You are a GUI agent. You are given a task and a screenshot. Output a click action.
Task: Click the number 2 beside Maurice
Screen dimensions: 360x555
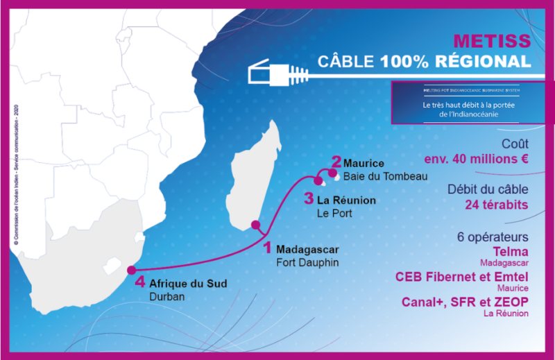tap(336, 162)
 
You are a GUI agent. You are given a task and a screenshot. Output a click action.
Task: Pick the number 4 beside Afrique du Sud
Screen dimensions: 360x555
tap(140, 283)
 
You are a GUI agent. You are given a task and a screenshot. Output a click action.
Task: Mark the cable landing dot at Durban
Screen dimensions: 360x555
tap(131, 270)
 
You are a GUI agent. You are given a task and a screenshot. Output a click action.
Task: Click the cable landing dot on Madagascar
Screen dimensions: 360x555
tap(256, 225)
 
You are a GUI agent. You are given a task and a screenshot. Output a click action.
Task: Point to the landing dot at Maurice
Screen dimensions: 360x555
tap(332, 173)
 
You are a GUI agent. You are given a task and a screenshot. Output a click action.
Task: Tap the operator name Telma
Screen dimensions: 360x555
tap(513, 251)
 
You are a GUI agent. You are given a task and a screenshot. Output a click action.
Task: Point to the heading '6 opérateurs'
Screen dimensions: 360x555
tap(493, 236)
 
